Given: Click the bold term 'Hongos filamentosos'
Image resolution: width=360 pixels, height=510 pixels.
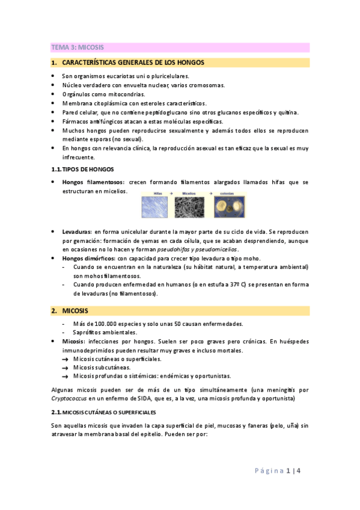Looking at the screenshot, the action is [91, 182].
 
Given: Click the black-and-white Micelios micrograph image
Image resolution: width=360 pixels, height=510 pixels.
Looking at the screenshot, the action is [191, 208].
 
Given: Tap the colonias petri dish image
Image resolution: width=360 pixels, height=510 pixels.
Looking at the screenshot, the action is [228, 208].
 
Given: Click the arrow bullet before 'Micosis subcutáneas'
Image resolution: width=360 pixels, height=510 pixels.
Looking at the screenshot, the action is [64, 367].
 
